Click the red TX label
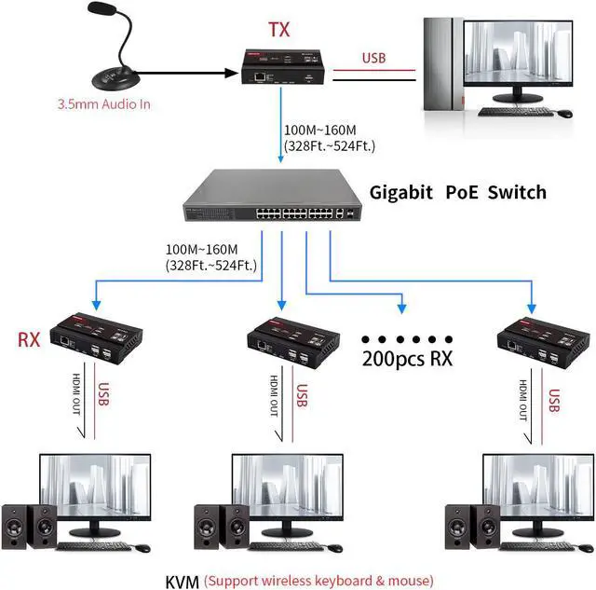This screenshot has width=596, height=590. (x=279, y=29)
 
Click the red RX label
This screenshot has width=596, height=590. (x=30, y=337)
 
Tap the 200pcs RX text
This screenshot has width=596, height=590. (x=407, y=357)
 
